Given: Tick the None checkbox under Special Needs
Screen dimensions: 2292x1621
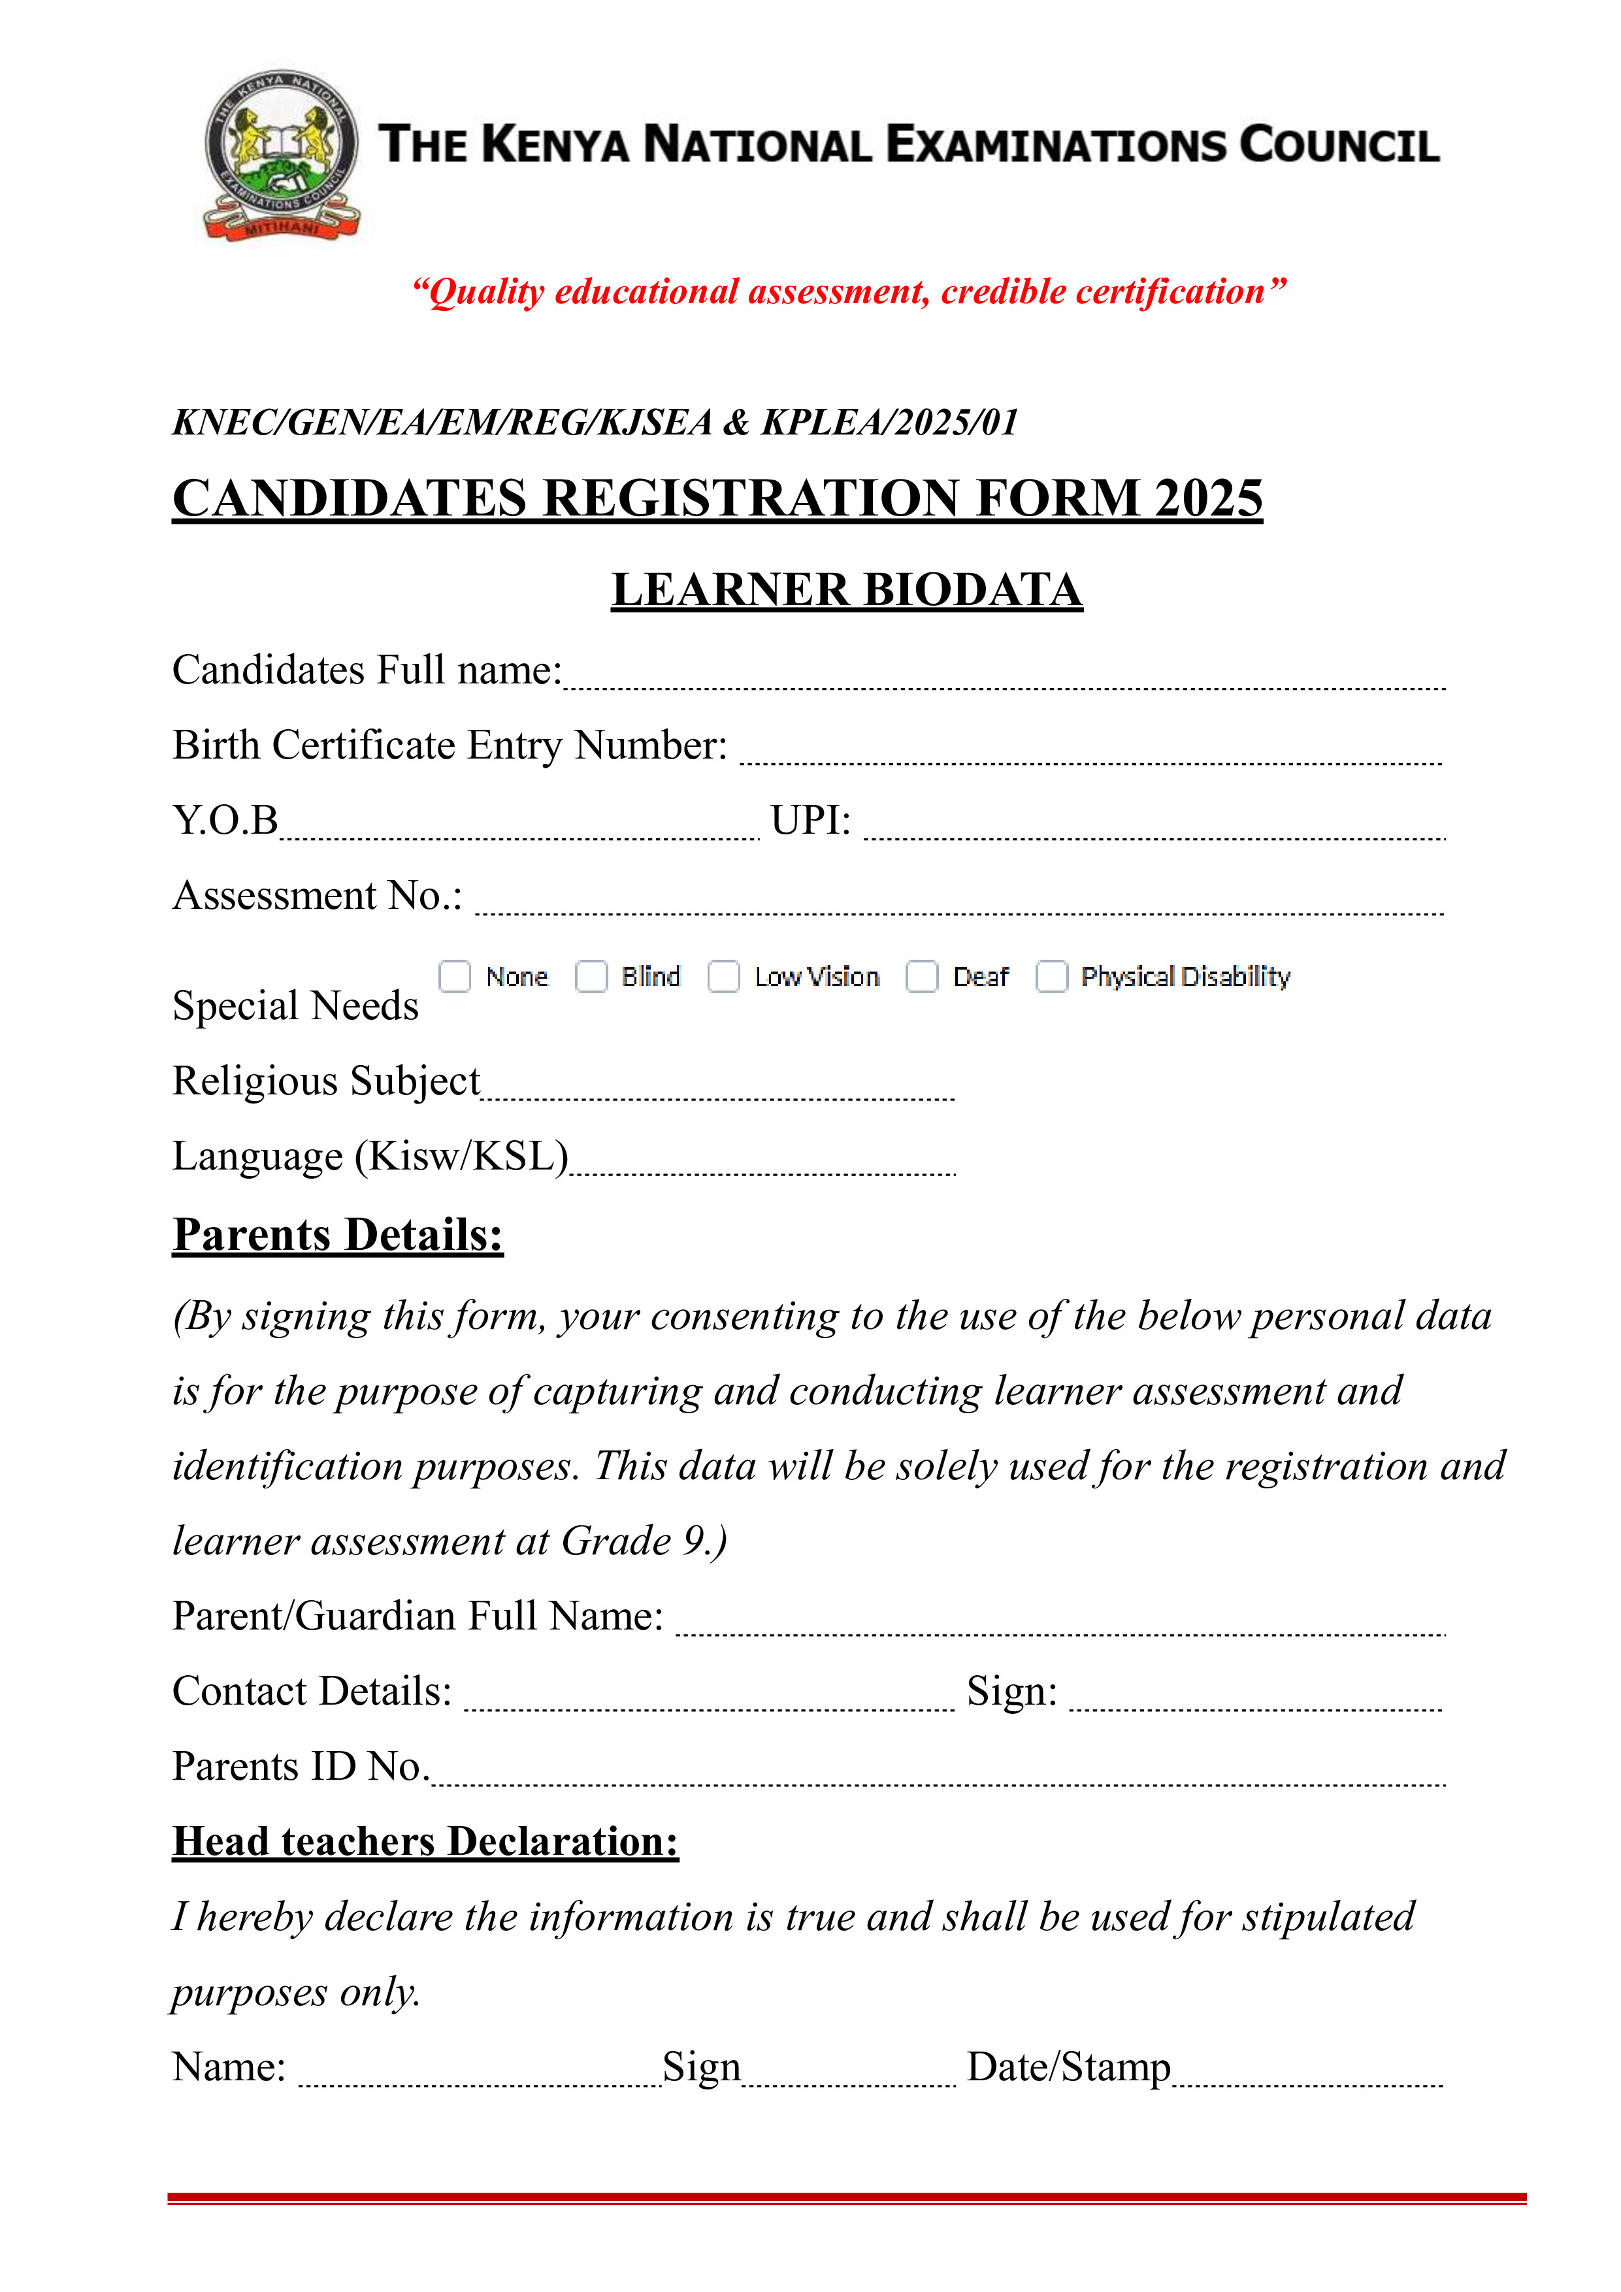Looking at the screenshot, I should tap(454, 975).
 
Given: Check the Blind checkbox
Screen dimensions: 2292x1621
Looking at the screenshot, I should tap(591, 975).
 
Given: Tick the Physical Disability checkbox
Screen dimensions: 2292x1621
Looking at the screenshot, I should tap(1051, 975).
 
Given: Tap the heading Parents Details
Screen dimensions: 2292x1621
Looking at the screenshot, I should tap(337, 1235).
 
